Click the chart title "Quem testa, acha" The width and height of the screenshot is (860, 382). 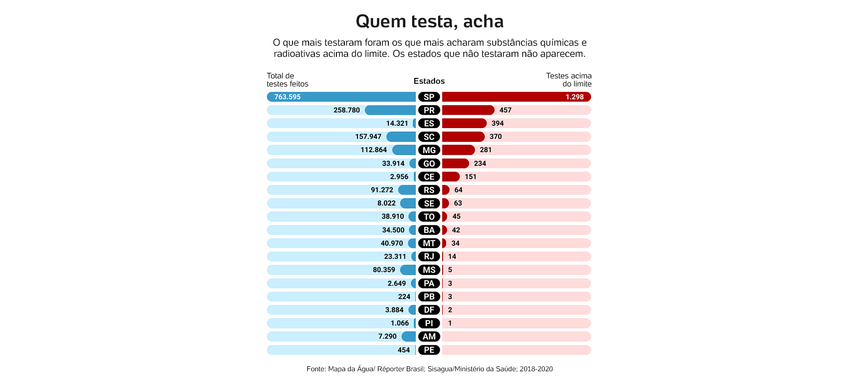click(430, 21)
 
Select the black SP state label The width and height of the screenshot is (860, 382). click(429, 97)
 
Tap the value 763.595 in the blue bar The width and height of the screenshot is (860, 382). click(287, 97)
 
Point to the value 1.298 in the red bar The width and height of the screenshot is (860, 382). click(574, 97)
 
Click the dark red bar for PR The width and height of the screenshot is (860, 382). click(468, 110)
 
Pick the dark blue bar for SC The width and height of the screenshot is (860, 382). click(401, 137)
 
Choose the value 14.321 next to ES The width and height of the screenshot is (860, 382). click(397, 123)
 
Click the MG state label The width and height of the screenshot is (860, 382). click(429, 150)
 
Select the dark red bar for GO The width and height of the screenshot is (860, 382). click(455, 163)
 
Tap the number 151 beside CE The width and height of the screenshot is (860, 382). click(470, 176)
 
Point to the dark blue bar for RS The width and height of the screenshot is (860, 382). click(407, 190)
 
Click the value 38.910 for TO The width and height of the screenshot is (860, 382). click(392, 216)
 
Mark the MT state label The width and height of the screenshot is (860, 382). click(429, 243)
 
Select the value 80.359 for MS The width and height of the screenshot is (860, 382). click(384, 270)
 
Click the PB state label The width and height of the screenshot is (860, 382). click(429, 296)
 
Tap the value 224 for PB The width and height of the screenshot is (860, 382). click(404, 296)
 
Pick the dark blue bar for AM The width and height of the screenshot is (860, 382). click(408, 336)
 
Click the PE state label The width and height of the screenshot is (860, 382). click(429, 350)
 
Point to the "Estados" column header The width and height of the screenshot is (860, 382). click(429, 81)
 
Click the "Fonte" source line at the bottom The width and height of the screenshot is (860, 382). click(430, 369)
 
